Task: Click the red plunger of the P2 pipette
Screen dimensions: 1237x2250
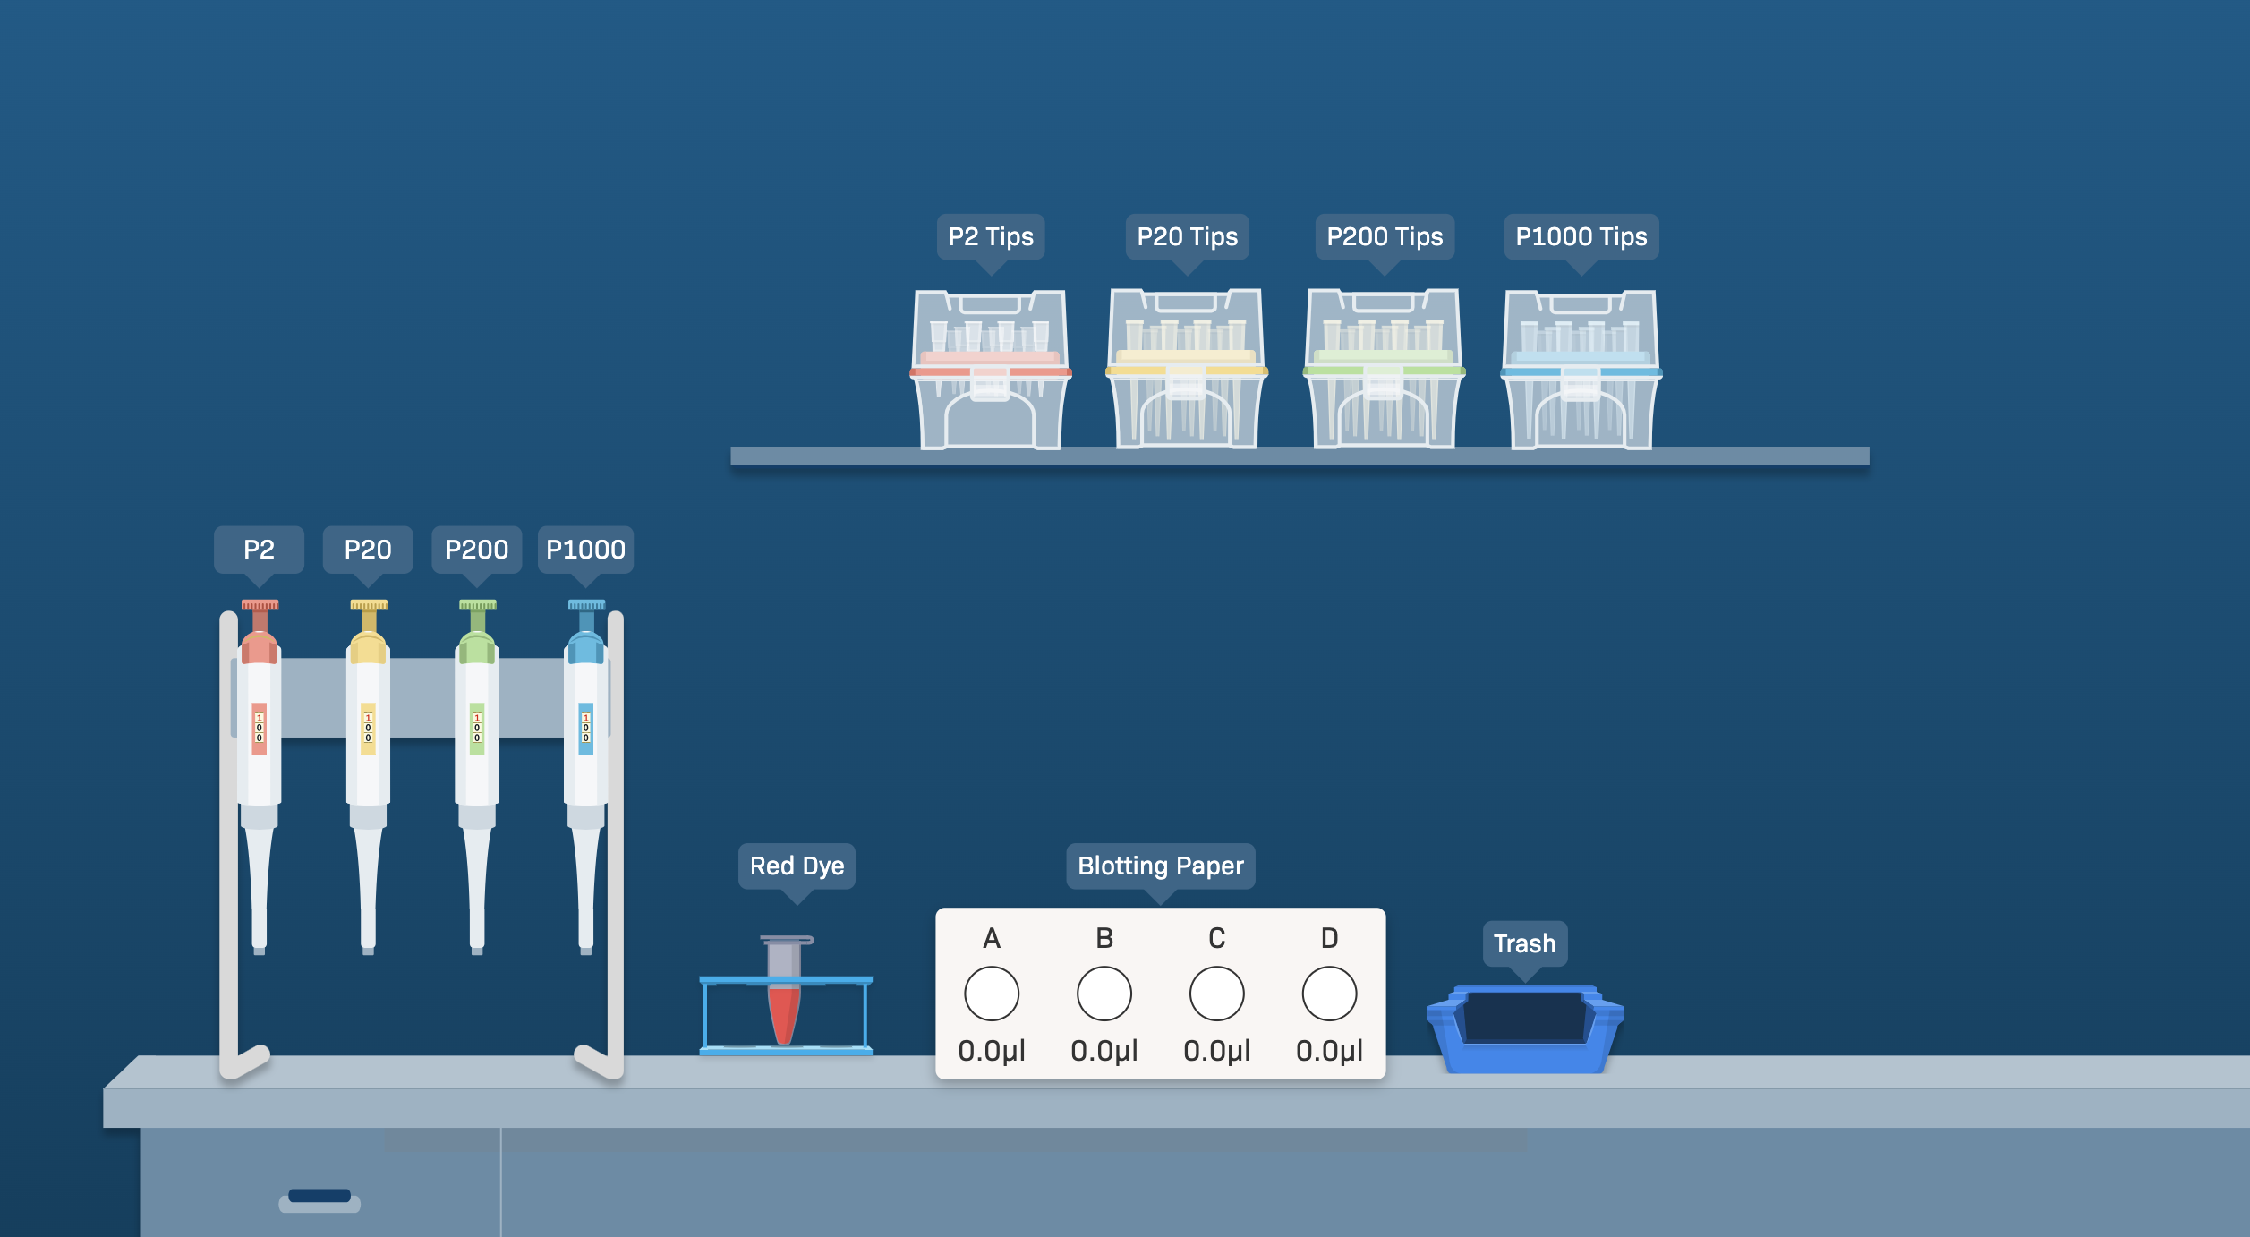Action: (260, 606)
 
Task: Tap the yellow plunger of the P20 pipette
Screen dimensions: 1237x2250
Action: (369, 606)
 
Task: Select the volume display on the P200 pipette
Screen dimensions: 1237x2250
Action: (477, 729)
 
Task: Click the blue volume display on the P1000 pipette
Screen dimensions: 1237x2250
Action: (586, 729)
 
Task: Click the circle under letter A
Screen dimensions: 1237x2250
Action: (992, 994)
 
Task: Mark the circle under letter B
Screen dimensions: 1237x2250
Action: (1104, 994)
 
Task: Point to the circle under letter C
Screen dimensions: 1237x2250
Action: (1217, 994)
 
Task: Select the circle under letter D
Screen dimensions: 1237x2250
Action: (1330, 994)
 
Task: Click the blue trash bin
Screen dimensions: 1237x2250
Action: (1525, 1029)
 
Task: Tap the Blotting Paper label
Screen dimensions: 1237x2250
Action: (1161, 866)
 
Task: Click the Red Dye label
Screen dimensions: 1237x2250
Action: (797, 866)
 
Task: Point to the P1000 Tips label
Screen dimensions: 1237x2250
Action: (1581, 236)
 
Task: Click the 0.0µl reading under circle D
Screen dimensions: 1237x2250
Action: (1330, 1051)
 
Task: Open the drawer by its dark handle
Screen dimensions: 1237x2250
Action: (320, 1197)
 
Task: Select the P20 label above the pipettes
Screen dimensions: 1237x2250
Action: (368, 550)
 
